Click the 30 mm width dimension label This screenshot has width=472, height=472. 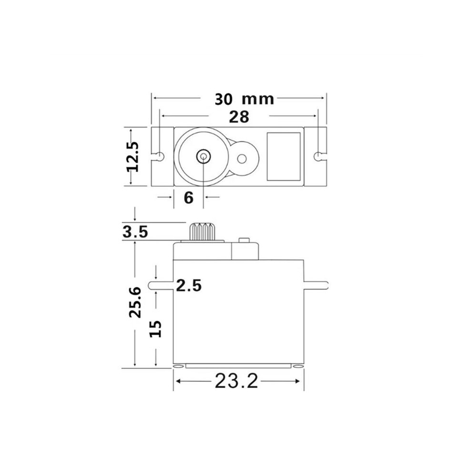coord(244,99)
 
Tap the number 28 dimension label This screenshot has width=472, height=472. coord(239,117)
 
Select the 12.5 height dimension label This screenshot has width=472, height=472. coord(133,156)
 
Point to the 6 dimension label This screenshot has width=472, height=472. coord(188,198)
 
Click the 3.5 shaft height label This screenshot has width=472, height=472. coord(135,232)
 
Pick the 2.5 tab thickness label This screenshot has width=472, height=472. coord(189,286)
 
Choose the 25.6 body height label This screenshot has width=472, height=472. coord(135,302)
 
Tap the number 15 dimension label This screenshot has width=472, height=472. coord(155,328)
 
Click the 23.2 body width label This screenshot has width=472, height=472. coord(236,381)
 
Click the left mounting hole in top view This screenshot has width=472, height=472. coord(160,156)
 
